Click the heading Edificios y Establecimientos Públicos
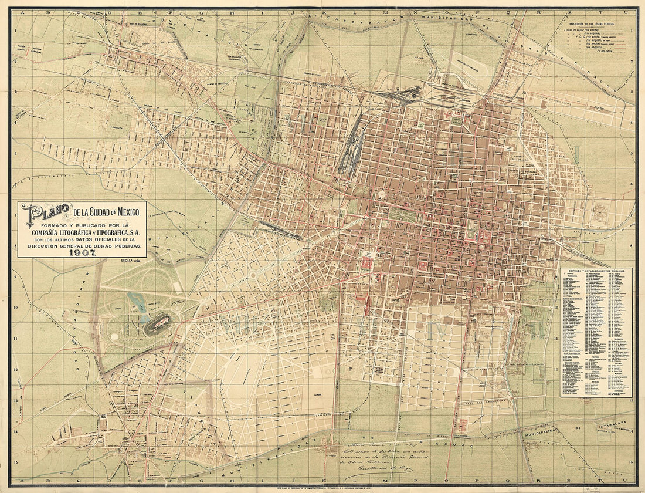pyautogui.click(x=596, y=271)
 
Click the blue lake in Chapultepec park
pyautogui.click(x=138, y=302)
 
